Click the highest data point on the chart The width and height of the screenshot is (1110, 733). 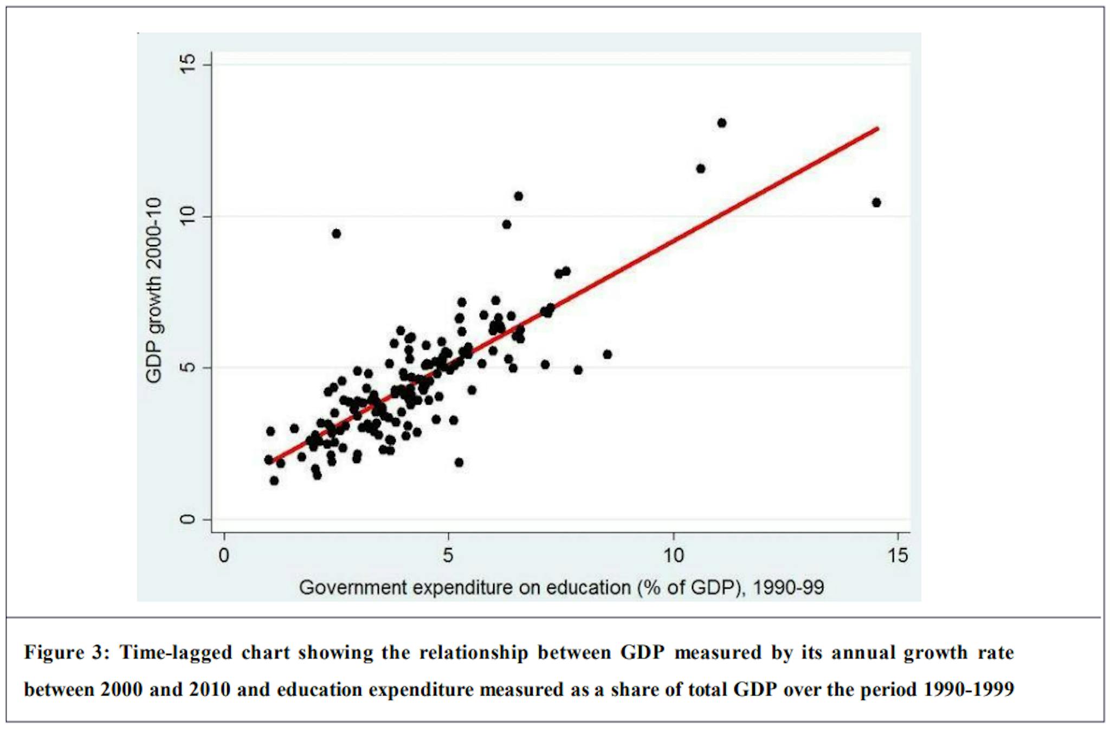721,123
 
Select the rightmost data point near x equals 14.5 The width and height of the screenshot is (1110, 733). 876,203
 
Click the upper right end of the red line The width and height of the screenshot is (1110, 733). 877,128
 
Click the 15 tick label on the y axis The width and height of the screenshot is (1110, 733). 187,65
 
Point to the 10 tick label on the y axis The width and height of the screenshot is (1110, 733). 187,216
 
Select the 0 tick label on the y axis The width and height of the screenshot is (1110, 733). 187,519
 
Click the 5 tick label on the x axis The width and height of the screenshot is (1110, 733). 448,555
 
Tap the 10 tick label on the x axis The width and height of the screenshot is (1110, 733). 673,555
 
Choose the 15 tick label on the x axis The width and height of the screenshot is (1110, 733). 898,555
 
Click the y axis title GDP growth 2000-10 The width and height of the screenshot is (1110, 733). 154,290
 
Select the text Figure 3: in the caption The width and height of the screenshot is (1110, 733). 67,652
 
